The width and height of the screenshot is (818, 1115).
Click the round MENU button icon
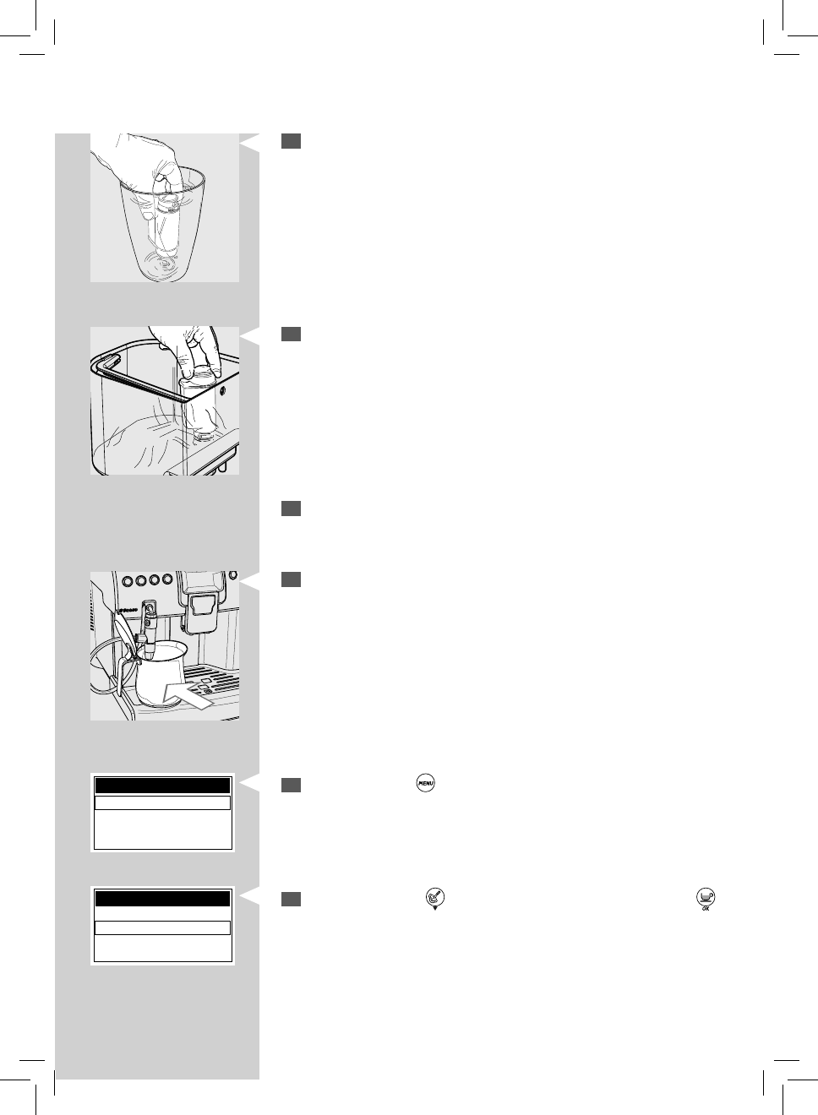[x=424, y=784]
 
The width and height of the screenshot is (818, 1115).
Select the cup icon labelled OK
[x=704, y=899]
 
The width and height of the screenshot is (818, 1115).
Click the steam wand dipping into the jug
[x=150, y=629]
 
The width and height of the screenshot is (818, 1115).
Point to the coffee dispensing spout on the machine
[x=201, y=607]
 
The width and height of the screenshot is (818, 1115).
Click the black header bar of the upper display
[x=162, y=786]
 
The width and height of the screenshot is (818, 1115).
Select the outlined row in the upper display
[x=162, y=802]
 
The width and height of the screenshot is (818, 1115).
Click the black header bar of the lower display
[x=162, y=898]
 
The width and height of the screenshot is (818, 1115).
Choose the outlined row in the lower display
[x=162, y=927]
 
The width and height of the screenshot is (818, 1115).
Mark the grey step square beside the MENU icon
[x=291, y=785]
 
